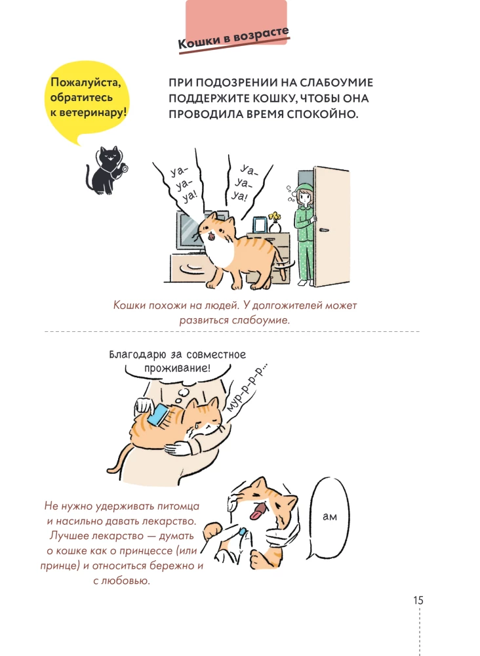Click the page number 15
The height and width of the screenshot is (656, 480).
pos(418,600)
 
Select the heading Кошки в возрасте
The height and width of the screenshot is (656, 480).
pos(233,38)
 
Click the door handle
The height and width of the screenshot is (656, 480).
pos(323,229)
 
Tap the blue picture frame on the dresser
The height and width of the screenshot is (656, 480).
pos(260,224)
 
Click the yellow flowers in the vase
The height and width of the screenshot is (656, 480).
pos(275,216)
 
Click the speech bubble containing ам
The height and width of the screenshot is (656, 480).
pos(330,517)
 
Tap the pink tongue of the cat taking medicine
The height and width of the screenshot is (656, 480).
pos(257,512)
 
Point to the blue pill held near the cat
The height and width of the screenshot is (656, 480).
pos(242,531)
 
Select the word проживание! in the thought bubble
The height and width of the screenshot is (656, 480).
pos(177,369)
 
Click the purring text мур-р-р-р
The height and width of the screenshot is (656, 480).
pos(247,387)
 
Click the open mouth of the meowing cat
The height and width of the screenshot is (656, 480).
pos(212,237)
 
